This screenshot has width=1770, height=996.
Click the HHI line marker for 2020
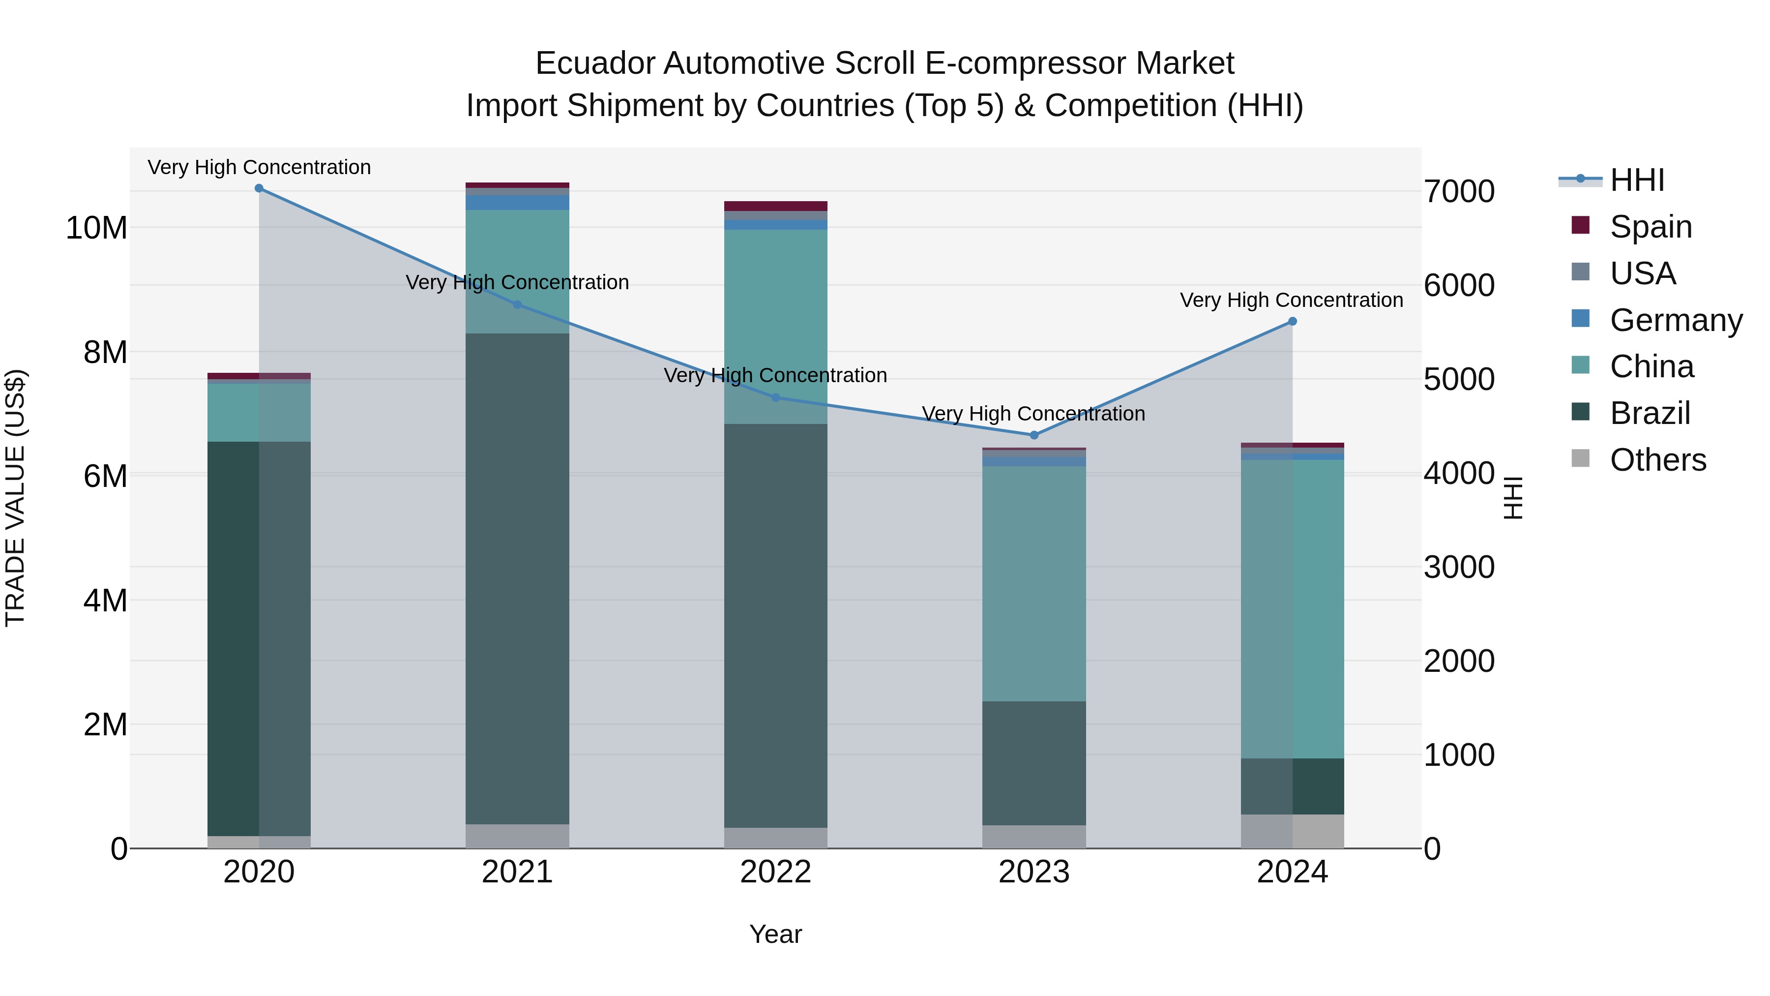(259, 188)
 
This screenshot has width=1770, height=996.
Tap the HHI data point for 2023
(1034, 435)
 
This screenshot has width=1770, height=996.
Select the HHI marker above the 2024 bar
(1293, 322)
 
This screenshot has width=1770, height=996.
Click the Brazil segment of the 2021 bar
(517, 577)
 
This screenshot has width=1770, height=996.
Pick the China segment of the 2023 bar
(1034, 584)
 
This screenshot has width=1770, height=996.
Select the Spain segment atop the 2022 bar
(776, 206)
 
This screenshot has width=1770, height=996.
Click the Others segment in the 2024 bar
(1293, 831)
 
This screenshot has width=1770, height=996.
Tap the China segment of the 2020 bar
(259, 413)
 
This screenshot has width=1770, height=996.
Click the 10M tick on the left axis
(96, 228)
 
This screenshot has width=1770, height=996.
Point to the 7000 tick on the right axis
(1459, 192)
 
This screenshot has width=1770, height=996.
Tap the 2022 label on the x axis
(776, 872)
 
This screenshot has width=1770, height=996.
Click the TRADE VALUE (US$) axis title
(15, 498)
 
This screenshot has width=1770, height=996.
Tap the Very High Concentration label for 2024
(1291, 301)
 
